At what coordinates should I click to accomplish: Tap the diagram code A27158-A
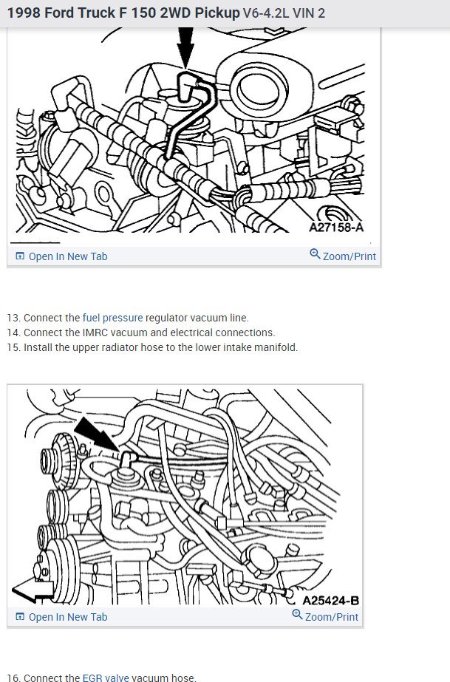[336, 227]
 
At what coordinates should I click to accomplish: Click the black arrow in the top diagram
[185, 49]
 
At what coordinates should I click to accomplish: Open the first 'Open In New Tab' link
[67, 256]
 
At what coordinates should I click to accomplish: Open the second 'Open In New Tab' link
[67, 617]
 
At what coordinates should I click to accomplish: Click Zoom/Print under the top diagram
[349, 256]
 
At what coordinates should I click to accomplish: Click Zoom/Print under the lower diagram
[331, 617]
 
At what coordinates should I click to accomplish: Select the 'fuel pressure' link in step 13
[112, 318]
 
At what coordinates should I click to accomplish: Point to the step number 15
[13, 347]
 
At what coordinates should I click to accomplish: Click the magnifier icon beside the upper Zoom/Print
[316, 255]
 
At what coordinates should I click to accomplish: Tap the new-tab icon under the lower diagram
[19, 617]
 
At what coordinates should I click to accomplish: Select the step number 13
[13, 318]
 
